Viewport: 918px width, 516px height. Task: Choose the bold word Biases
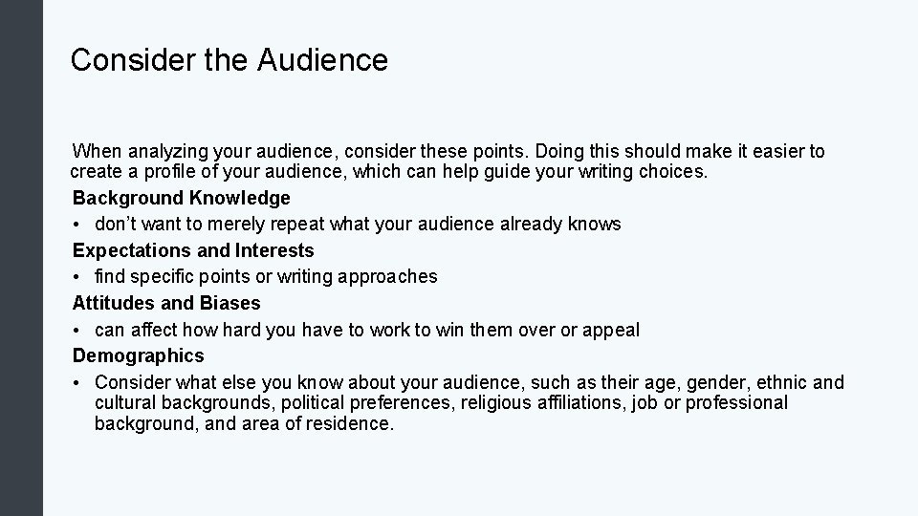coord(229,303)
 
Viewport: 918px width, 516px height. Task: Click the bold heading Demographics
coord(138,355)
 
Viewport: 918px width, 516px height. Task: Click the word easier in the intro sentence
coord(773,151)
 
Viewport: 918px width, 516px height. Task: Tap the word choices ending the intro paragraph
coord(674,172)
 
